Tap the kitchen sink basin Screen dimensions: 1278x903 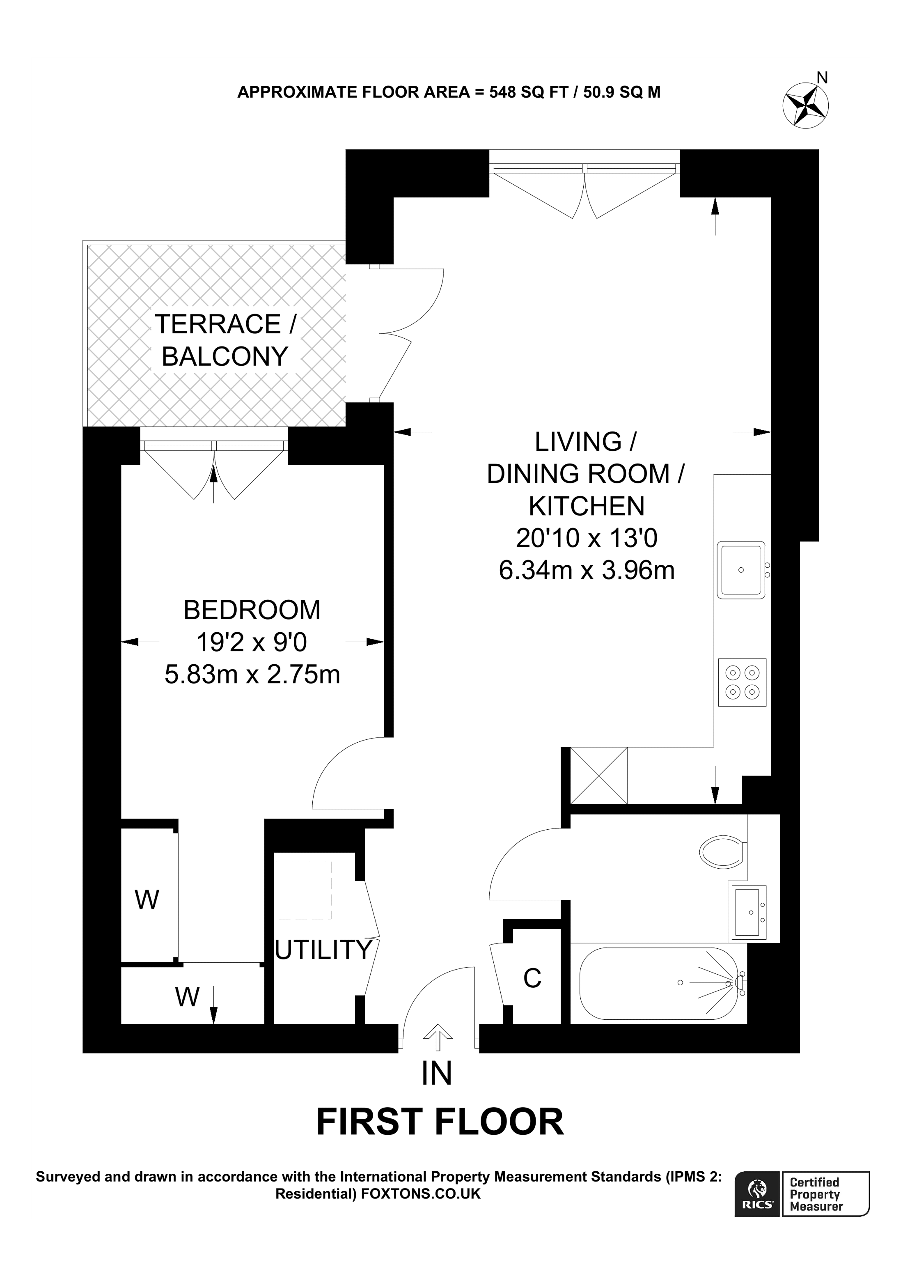coord(740,569)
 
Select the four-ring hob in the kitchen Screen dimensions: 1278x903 coord(742,682)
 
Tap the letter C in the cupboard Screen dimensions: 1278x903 coord(532,979)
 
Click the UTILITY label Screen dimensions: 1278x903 coord(323,950)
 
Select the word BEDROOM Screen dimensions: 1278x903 coord(252,610)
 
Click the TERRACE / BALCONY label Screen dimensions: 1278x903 coord(225,340)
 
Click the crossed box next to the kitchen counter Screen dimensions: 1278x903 coord(599,776)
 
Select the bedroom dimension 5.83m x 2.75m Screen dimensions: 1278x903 coord(252,675)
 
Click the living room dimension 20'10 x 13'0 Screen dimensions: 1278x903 coord(587,538)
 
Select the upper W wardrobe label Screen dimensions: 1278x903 coord(147,900)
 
